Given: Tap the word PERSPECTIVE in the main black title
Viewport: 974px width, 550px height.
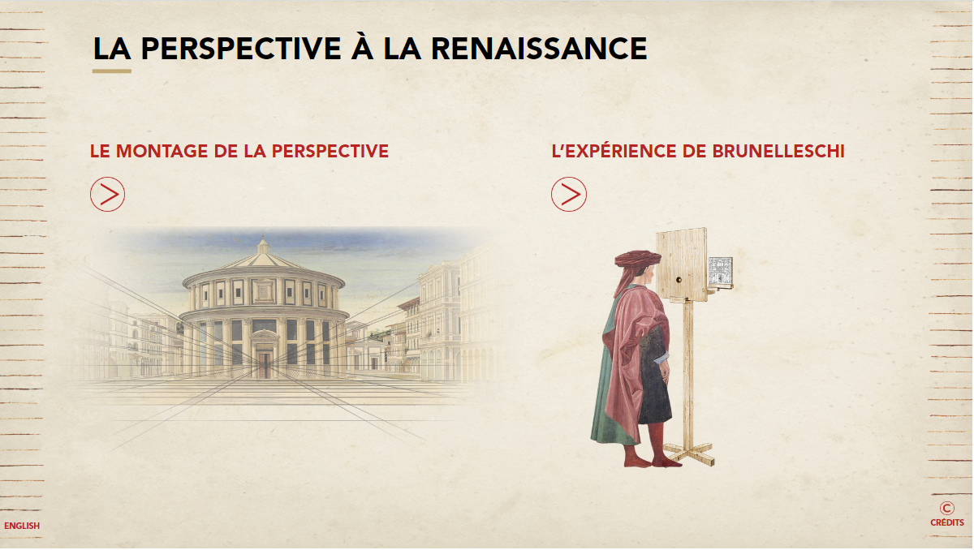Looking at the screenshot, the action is coord(241,48).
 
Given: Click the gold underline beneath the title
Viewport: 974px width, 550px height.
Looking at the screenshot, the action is coord(112,71).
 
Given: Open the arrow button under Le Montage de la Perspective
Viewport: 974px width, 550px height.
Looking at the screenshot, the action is coord(107,194).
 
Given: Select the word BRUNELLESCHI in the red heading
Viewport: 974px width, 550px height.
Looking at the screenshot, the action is coord(778,151).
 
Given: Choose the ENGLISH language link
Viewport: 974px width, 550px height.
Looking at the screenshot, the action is coord(22,526).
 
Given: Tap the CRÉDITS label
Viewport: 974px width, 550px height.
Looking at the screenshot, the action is coord(947,522).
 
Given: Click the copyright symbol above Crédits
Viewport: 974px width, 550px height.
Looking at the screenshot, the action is coord(947,508).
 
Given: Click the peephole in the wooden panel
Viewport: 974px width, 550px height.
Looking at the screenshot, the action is coord(679,280).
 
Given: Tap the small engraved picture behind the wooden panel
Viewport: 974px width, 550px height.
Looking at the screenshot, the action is coord(721,272).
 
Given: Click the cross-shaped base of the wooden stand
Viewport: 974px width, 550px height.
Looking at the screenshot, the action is coord(689,454).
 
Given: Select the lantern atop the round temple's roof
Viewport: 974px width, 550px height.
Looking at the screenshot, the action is coord(263,246).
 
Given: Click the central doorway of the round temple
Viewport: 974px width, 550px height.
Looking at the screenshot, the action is coord(265,365).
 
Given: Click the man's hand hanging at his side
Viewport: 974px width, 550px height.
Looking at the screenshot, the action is coord(664,372).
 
